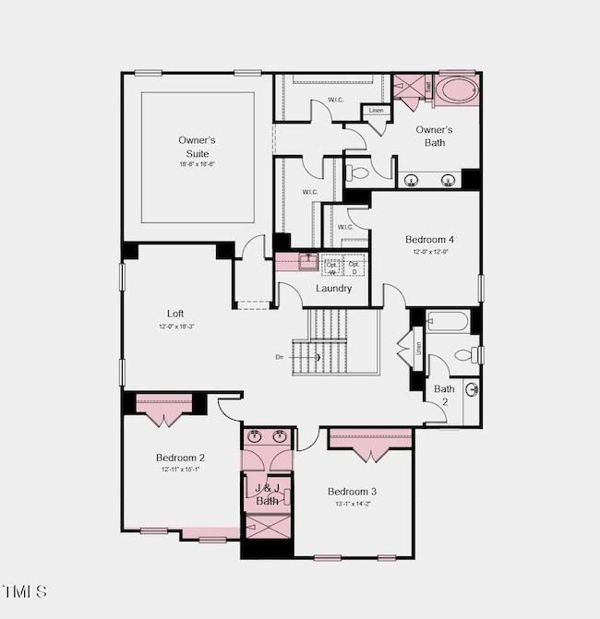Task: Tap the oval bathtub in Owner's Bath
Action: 456,90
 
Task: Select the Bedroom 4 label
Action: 429,240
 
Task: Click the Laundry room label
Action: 333,288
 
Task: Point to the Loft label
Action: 175,314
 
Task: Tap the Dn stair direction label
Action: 279,356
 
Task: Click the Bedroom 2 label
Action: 180,458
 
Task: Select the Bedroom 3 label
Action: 352,492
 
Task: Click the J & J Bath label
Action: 267,494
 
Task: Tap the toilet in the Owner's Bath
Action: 357,173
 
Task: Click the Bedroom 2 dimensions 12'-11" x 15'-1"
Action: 180,469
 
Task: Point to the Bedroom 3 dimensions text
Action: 352,503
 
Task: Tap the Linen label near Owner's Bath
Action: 376,111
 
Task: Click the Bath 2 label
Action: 444,395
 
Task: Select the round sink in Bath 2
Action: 471,389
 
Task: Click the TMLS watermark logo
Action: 25,590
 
